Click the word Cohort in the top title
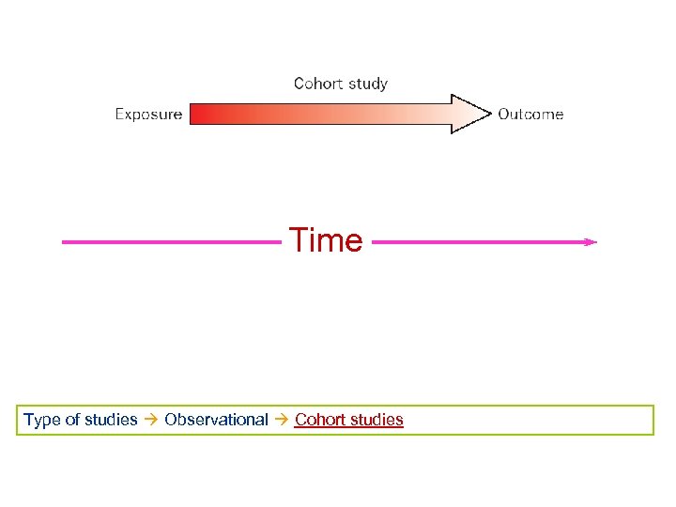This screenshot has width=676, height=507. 316,84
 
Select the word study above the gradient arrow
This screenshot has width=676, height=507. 366,84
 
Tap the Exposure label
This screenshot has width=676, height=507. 148,115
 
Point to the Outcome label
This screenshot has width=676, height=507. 530,115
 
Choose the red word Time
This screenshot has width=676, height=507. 326,241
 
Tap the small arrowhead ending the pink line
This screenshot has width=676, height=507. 591,242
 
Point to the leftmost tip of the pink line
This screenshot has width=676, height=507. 63,242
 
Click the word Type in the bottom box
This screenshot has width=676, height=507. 40,420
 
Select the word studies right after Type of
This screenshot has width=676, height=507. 111,420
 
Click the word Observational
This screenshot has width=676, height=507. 216,420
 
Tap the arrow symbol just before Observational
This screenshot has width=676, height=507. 151,420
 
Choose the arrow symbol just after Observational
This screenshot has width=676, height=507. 281,420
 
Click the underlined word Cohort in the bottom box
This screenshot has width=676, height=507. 319,420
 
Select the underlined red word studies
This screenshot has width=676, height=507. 376,420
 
